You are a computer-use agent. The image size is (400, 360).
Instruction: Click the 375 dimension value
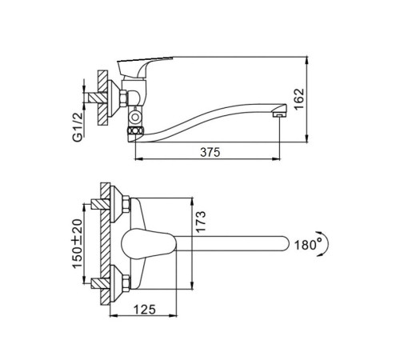[x=210, y=152]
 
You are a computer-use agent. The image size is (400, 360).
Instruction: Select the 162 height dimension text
[x=299, y=98]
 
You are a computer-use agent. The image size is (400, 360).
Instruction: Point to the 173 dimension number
[x=200, y=222]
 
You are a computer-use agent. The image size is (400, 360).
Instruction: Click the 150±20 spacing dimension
[x=78, y=243]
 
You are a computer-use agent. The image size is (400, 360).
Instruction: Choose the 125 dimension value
[x=144, y=310]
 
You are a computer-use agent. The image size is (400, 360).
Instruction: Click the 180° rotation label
[x=307, y=245]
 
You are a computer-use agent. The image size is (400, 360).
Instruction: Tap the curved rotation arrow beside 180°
[x=326, y=244]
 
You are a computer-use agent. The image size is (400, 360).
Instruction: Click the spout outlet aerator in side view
[x=279, y=114]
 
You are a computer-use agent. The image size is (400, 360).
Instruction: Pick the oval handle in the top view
[x=148, y=244]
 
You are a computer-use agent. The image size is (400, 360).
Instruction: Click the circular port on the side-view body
[x=135, y=118]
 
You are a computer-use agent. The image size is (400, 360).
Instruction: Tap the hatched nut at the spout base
[x=136, y=130]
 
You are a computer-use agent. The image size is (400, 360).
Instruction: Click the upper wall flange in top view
[x=117, y=204]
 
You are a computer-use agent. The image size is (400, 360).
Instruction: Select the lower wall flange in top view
[x=117, y=283]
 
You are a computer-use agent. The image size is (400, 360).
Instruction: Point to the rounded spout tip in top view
[x=286, y=243]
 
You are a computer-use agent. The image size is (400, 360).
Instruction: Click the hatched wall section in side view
[x=102, y=98]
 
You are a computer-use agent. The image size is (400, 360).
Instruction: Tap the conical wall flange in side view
[x=114, y=98]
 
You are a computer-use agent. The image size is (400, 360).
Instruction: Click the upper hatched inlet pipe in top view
[x=100, y=204]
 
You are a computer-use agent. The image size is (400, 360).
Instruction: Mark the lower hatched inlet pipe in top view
[x=100, y=283]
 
